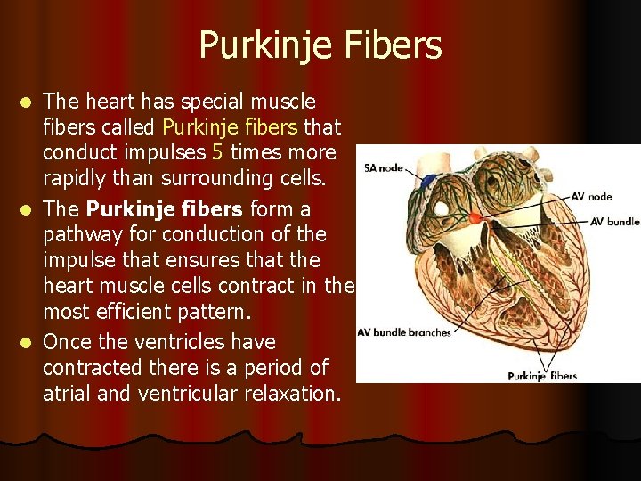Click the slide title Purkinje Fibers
[320, 45]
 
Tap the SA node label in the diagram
[384, 167]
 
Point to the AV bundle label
[614, 221]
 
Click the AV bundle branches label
[404, 332]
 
